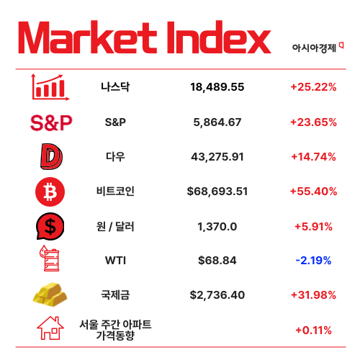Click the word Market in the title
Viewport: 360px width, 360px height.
pyautogui.click(x=88, y=37)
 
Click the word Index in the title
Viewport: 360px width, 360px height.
pyautogui.click(x=219, y=37)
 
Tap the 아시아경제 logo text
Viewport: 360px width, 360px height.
pyautogui.click(x=314, y=48)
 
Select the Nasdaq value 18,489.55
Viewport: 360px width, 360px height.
pyautogui.click(x=217, y=87)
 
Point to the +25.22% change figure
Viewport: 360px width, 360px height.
pyautogui.click(x=313, y=87)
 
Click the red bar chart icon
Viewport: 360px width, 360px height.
pyautogui.click(x=50, y=87)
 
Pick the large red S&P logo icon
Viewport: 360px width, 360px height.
pyautogui.click(x=51, y=122)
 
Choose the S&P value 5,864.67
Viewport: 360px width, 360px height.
pyautogui.click(x=217, y=122)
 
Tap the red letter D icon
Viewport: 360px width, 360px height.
pyautogui.click(x=51, y=156)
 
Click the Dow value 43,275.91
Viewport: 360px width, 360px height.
pyautogui.click(x=217, y=157)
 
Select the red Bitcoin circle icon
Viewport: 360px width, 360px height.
pyautogui.click(x=50, y=192)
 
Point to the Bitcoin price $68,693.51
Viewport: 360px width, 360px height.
pyautogui.click(x=217, y=192)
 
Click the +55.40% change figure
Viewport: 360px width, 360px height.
pyautogui.click(x=313, y=192)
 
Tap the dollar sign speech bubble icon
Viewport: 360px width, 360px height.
pyautogui.click(x=50, y=226)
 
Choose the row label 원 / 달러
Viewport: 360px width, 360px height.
pyautogui.click(x=115, y=226)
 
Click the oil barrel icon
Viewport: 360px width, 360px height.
pyautogui.click(x=50, y=258)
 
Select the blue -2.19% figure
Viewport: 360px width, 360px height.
pyautogui.click(x=313, y=261)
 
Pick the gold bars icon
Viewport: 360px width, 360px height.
pyautogui.click(x=50, y=294)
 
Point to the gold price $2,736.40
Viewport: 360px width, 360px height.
pyautogui.click(x=217, y=295)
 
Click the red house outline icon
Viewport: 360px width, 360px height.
pyautogui.click(x=50, y=328)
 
